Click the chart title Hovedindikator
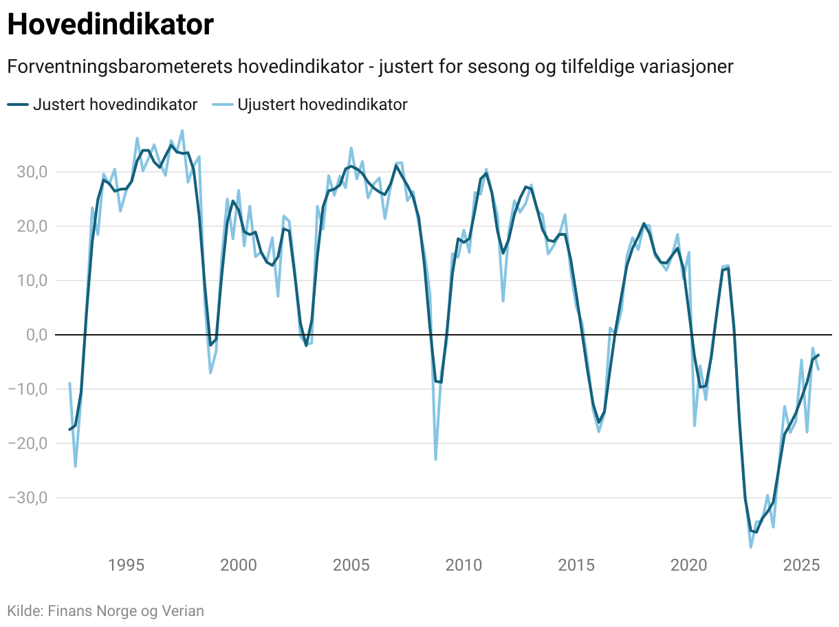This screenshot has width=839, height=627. click(110, 25)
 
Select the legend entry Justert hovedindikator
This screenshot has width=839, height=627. click(103, 104)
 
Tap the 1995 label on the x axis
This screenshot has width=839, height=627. click(126, 566)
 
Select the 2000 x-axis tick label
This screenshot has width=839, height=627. click(238, 566)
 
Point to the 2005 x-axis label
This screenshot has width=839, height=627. click(351, 566)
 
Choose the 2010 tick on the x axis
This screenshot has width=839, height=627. click(464, 566)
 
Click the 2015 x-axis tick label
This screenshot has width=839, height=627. click(576, 566)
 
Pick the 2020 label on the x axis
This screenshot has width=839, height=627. click(688, 566)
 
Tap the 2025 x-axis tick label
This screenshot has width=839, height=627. click(801, 566)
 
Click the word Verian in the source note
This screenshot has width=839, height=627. click(182, 610)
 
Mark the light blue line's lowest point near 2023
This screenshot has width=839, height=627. click(751, 547)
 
